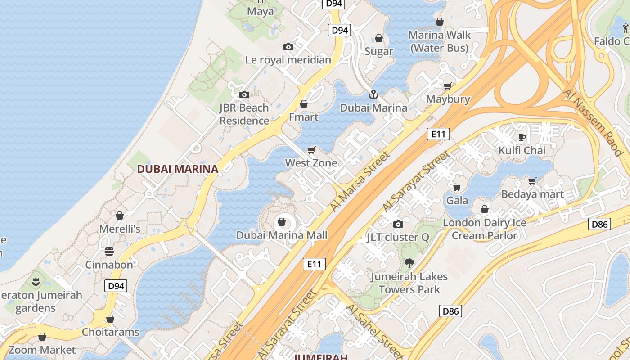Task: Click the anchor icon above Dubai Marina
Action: tap(373, 94)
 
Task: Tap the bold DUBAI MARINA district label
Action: tap(177, 169)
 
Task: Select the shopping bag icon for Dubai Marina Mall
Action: tap(282, 222)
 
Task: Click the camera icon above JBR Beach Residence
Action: tap(244, 94)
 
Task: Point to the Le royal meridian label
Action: tap(288, 60)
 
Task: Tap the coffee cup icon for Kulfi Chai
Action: tap(522, 137)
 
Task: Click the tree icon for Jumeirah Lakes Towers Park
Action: tap(409, 263)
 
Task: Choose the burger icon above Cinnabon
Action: tap(109, 251)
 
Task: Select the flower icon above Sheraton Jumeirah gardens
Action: tap(36, 282)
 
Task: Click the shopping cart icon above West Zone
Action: tap(311, 150)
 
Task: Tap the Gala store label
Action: tap(457, 200)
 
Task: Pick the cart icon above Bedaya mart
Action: tap(532, 181)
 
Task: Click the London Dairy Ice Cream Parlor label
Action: tap(485, 229)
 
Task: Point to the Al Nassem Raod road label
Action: tap(593, 122)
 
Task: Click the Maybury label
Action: tap(448, 99)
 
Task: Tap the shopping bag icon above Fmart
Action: tap(304, 104)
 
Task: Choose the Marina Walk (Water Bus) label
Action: tap(440, 41)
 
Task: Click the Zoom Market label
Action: tap(42, 350)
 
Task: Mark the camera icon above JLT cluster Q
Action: tap(398, 224)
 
